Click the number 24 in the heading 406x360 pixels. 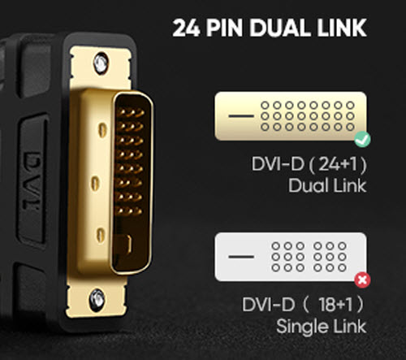186,28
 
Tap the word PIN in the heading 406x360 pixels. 224,28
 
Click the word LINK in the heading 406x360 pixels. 342,28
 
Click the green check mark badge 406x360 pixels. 363,140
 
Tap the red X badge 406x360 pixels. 363,280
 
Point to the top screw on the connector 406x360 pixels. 101,63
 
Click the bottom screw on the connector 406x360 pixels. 97,300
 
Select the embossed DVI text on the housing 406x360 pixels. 32,181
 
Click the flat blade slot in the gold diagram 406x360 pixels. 241,116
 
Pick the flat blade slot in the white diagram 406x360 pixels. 241,257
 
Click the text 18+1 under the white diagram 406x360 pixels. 336,305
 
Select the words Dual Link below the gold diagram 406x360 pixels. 327,186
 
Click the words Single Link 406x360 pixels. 322,327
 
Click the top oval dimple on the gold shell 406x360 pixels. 102,130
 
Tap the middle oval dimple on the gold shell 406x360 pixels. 94,184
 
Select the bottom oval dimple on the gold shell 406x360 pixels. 101,235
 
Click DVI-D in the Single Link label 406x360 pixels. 268,305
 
